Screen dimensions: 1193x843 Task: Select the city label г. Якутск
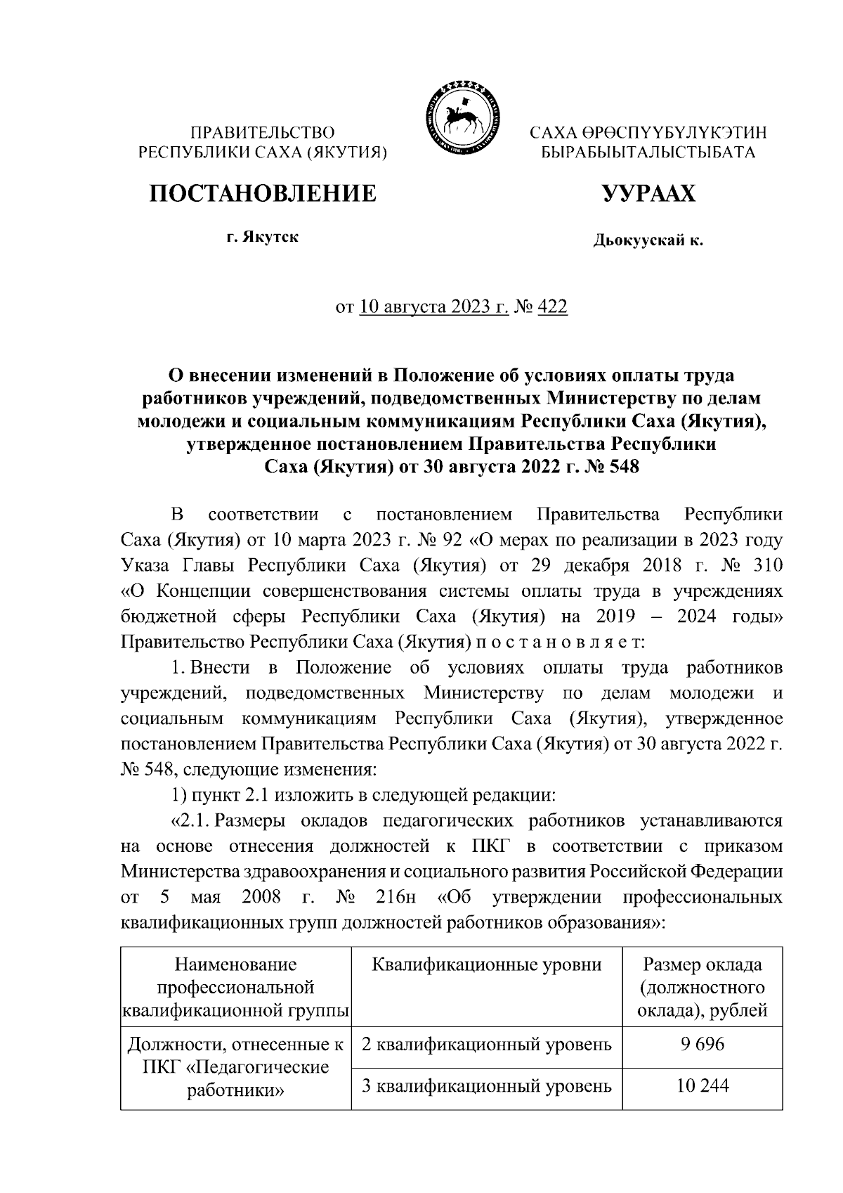[x=262, y=237]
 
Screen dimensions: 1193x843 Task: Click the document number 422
[x=552, y=307]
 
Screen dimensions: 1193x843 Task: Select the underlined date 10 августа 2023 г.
[x=433, y=307]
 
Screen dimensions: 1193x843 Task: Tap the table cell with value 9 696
[x=702, y=1044]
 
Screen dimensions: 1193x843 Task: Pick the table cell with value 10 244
[x=702, y=1085]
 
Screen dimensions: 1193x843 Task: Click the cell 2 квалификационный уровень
[x=486, y=1045]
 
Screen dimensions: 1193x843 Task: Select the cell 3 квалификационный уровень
[x=486, y=1086]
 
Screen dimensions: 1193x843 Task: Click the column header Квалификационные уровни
[x=486, y=965]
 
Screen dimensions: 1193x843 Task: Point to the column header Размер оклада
[x=702, y=965]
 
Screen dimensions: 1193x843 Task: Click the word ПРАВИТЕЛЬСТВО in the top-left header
[x=263, y=132]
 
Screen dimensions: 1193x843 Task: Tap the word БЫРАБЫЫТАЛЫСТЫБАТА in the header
[x=648, y=152]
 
